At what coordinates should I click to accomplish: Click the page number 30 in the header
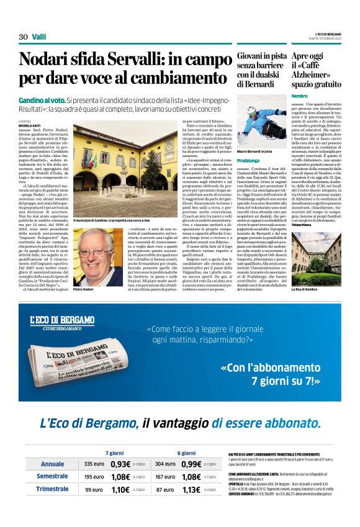tap(23, 37)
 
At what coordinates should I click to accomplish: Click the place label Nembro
tap(300, 96)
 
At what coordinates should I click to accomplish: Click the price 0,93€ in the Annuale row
tap(120, 464)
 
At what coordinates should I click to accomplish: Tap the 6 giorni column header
tap(186, 453)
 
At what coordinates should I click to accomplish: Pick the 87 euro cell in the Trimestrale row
tap(164, 489)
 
